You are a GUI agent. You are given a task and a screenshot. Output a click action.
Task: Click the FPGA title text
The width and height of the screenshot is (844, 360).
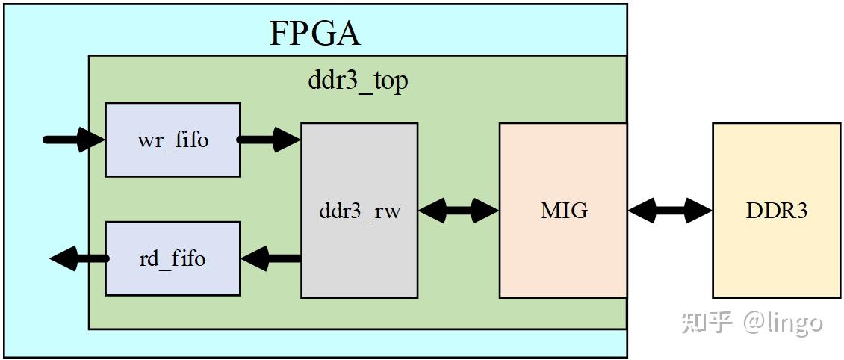click(314, 34)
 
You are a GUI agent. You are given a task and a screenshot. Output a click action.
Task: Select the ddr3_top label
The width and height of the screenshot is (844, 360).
click(358, 80)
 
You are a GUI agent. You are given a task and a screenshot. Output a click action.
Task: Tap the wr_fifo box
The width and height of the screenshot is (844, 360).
click(173, 140)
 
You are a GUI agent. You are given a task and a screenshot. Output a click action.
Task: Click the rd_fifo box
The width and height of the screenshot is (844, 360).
click(173, 258)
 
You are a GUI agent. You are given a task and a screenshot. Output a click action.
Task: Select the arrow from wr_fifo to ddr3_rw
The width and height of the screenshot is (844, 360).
click(270, 140)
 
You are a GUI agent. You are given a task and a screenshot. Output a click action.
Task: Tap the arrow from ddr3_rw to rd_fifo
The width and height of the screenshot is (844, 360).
click(270, 259)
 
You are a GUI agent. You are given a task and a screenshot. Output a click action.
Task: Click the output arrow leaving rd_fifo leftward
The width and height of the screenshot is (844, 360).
click(79, 259)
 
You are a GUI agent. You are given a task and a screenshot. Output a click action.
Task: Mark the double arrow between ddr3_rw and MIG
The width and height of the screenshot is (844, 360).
click(458, 211)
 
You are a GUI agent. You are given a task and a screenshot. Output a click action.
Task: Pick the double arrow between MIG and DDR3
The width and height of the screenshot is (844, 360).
click(670, 211)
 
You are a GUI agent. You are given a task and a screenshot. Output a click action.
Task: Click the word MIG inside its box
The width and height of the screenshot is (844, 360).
click(564, 211)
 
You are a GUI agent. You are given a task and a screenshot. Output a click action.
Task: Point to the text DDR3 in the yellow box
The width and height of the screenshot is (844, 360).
click(776, 211)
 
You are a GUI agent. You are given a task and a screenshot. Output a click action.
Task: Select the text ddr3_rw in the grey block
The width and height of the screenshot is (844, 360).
click(359, 211)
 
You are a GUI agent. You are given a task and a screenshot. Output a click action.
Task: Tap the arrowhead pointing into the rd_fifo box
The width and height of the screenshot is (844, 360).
click(254, 259)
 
